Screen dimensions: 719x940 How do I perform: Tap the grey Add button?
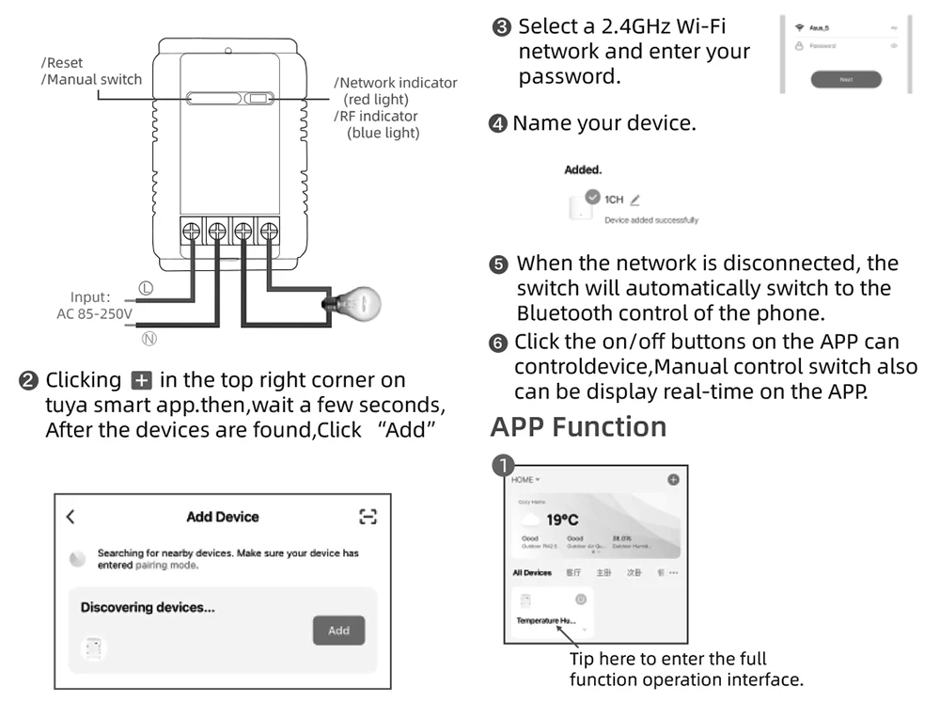[x=338, y=631]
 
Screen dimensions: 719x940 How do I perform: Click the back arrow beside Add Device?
[x=70, y=517]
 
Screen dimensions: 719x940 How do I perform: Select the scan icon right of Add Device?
[x=368, y=517]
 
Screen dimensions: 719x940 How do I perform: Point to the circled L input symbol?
[x=147, y=288]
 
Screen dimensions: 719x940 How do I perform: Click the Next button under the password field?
[x=845, y=79]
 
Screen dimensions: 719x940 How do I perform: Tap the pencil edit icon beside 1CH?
[x=635, y=200]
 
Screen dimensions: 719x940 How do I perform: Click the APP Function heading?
[x=578, y=426]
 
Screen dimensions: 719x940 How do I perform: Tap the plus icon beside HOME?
[x=673, y=480]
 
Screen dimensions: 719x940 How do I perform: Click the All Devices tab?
[x=531, y=572]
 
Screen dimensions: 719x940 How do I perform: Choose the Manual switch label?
[x=92, y=79]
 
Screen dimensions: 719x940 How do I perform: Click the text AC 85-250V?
[x=95, y=314]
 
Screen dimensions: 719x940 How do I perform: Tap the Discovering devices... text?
[x=148, y=607]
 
